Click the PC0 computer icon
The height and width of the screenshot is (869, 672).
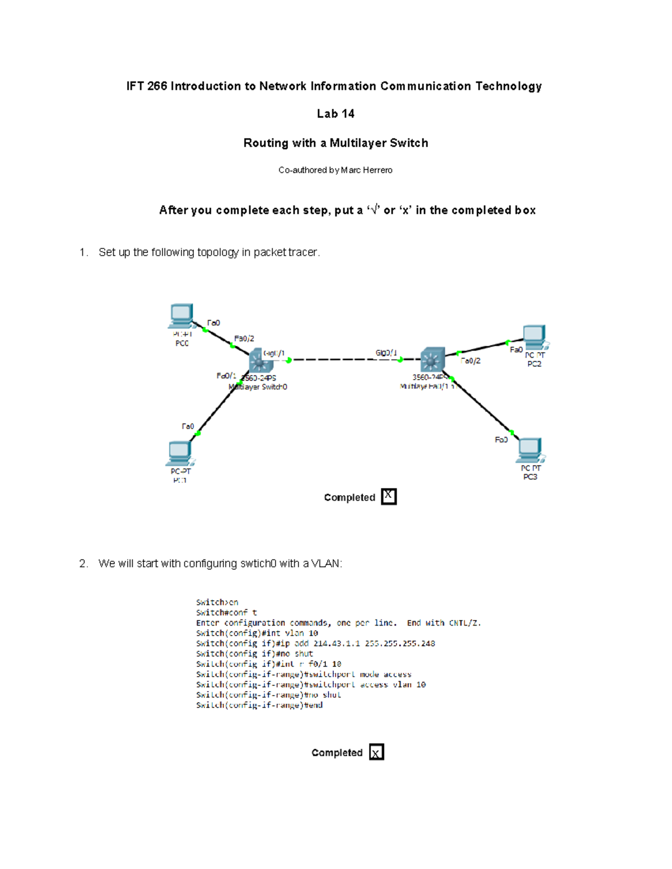click(x=181, y=316)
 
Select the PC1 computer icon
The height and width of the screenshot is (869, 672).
click(x=180, y=453)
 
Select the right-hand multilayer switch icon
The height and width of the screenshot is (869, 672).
click(x=432, y=359)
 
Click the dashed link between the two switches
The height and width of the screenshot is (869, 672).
click(x=344, y=360)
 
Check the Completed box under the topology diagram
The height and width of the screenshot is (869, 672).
click(x=389, y=496)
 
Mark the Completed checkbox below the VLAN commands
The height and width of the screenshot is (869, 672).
click(x=376, y=752)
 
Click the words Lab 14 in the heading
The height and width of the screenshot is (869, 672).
click(x=335, y=114)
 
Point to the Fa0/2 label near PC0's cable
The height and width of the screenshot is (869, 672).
click(x=244, y=339)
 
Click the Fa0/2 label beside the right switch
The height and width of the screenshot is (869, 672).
click(x=470, y=361)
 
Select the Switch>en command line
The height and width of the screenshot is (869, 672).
click(x=217, y=603)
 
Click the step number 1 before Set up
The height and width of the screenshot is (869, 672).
click(x=83, y=252)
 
